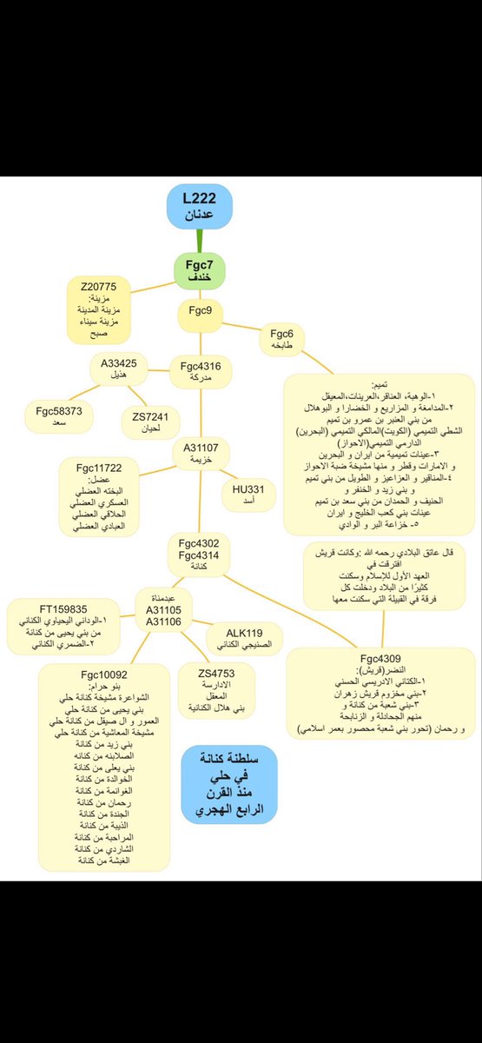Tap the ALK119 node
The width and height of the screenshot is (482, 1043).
tap(244, 639)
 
